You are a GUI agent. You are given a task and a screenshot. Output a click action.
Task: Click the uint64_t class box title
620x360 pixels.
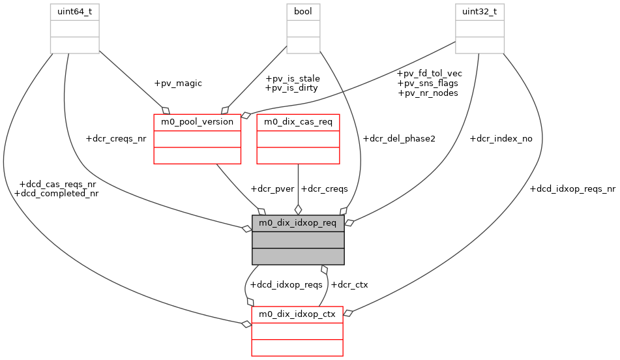pyautogui.click(x=75, y=12)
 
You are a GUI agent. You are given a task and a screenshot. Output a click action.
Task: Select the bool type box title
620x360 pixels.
pyautogui.click(x=303, y=12)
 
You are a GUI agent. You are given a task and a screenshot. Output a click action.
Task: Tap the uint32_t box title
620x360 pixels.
pyautogui.click(x=479, y=12)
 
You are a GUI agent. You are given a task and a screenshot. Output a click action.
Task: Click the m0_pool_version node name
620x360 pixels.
pyautogui.click(x=198, y=121)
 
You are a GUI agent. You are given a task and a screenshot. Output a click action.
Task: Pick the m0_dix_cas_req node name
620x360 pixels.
pyautogui.click(x=298, y=121)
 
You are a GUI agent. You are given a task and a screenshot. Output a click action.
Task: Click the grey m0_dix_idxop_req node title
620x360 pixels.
pyautogui.click(x=298, y=223)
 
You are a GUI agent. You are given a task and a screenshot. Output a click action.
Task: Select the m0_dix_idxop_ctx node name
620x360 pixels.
pyautogui.click(x=297, y=314)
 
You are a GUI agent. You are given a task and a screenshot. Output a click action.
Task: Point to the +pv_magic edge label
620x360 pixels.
pyautogui.click(x=178, y=83)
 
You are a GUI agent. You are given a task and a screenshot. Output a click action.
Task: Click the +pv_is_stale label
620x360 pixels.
pyautogui.click(x=292, y=78)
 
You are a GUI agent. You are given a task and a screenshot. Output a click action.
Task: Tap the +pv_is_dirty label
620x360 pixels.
pyautogui.click(x=292, y=88)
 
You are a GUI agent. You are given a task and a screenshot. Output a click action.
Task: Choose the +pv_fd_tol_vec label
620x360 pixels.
pyautogui.click(x=430, y=73)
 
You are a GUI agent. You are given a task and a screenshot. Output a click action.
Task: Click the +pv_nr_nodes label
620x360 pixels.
pyautogui.click(x=428, y=93)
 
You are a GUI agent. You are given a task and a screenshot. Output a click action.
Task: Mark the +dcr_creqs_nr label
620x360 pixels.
pyautogui.click(x=115, y=139)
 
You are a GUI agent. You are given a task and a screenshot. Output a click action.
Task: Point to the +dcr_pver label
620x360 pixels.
pyautogui.click(x=272, y=188)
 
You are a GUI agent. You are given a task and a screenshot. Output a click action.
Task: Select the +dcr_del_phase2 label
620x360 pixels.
pyautogui.click(x=398, y=139)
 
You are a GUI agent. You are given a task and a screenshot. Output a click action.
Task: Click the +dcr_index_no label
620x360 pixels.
pyautogui.click(x=501, y=139)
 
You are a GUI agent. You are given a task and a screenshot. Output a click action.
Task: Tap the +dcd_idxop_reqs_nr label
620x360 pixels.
pyautogui.click(x=572, y=189)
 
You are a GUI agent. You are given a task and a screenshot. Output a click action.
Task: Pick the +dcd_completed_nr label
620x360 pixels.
pyautogui.click(x=56, y=194)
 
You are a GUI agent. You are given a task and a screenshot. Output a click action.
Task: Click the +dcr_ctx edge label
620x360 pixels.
pyautogui.click(x=349, y=284)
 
